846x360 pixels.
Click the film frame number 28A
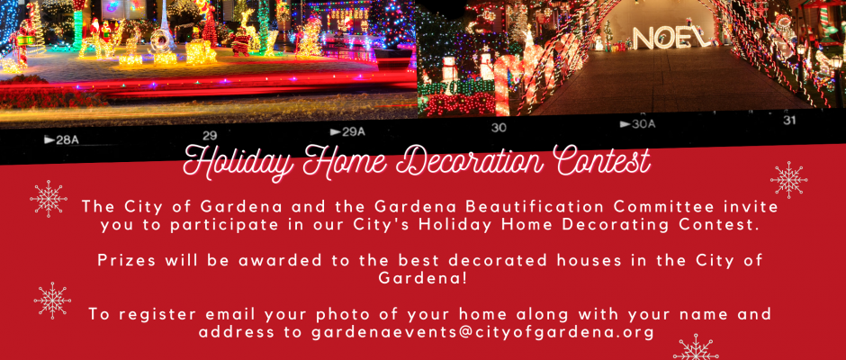(61, 140)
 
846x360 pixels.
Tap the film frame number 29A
(347, 131)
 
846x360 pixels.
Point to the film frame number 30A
(637, 125)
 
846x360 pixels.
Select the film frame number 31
(789, 121)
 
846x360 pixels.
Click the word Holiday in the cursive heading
(240, 162)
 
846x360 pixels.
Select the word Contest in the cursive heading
(599, 160)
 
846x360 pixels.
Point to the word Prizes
(127, 260)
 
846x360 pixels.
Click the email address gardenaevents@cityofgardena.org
(483, 332)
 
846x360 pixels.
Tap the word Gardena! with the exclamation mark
(422, 278)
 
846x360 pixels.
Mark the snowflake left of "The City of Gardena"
(49, 199)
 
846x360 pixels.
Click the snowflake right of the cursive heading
(788, 180)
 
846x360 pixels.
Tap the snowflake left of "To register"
(52, 300)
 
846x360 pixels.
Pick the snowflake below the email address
(696, 348)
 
